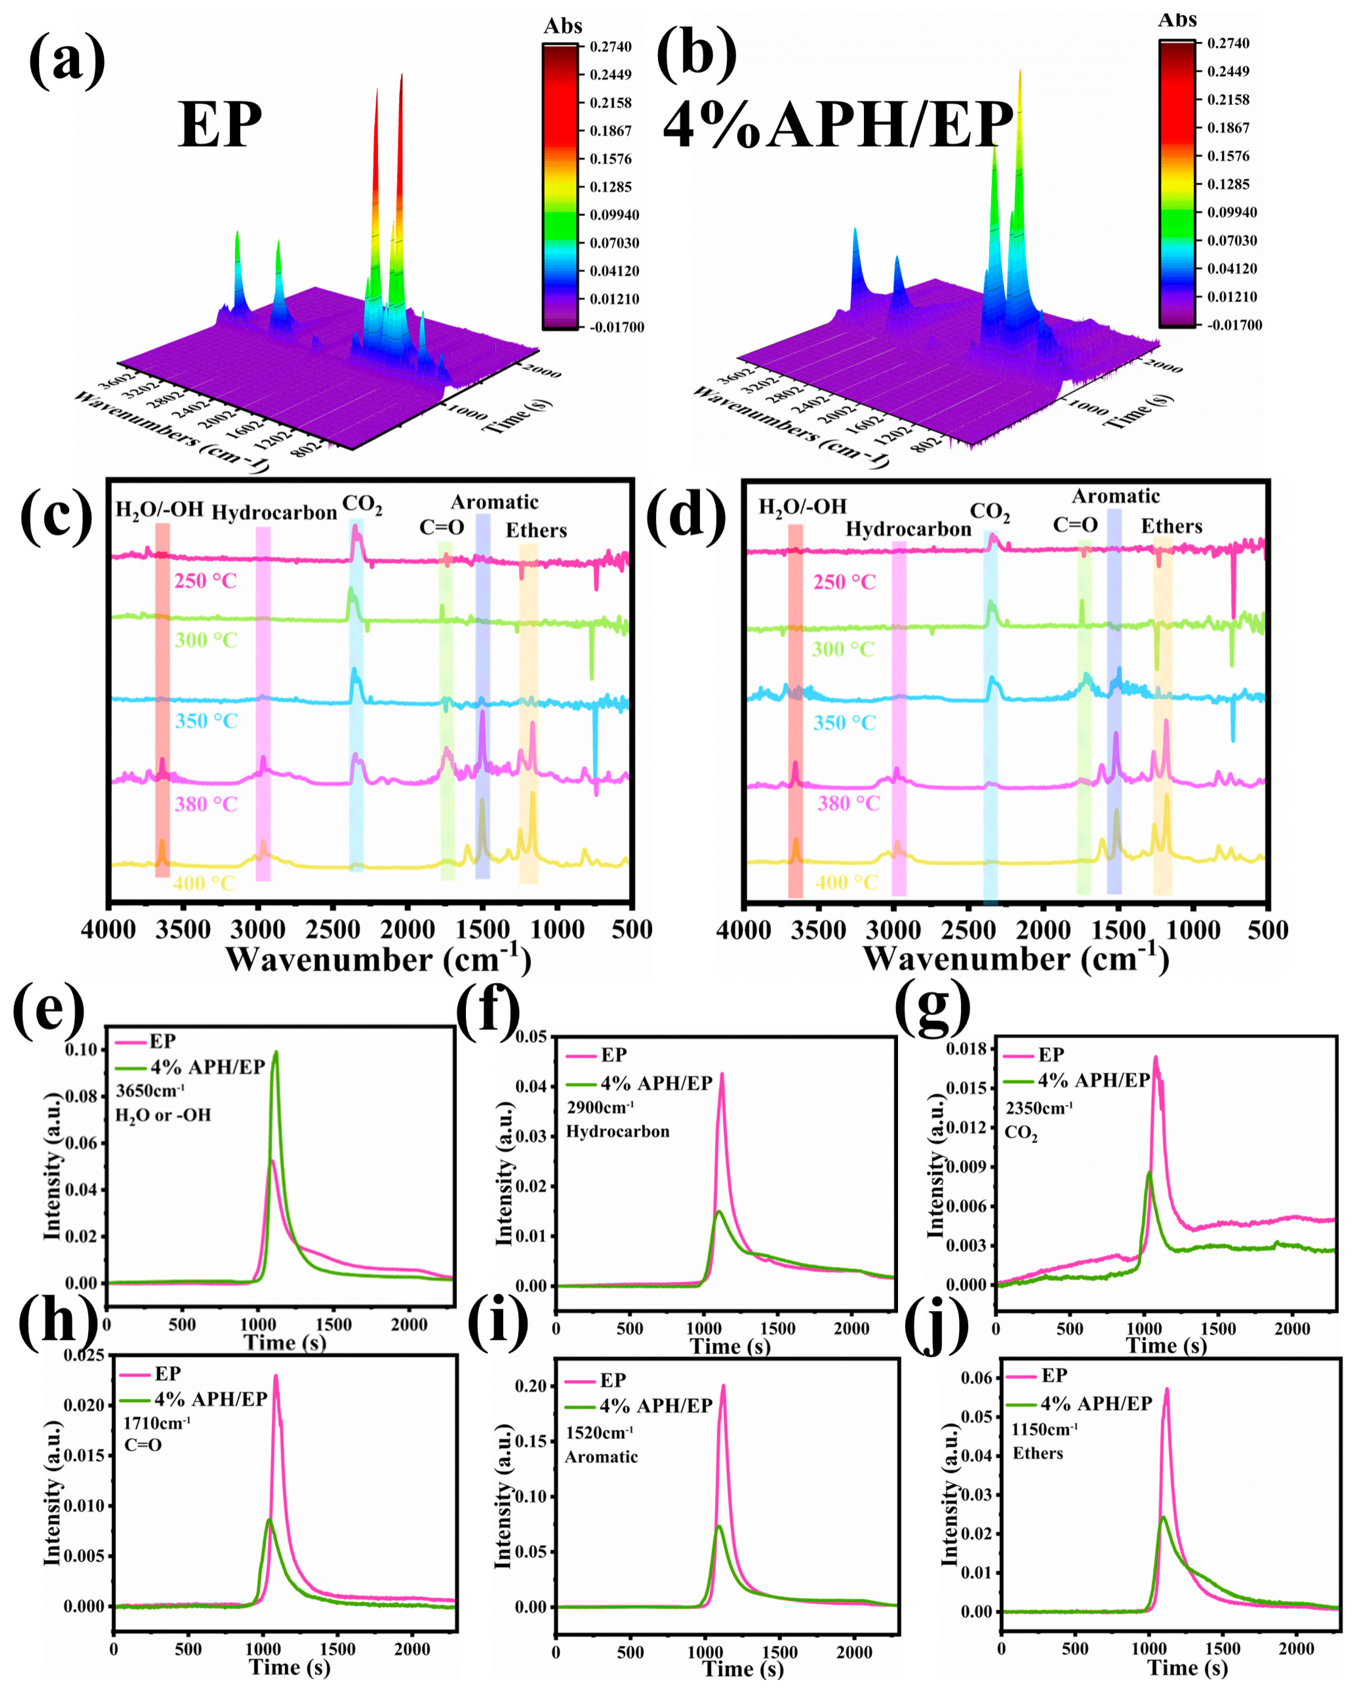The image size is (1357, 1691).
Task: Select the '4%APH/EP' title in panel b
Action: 837,125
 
